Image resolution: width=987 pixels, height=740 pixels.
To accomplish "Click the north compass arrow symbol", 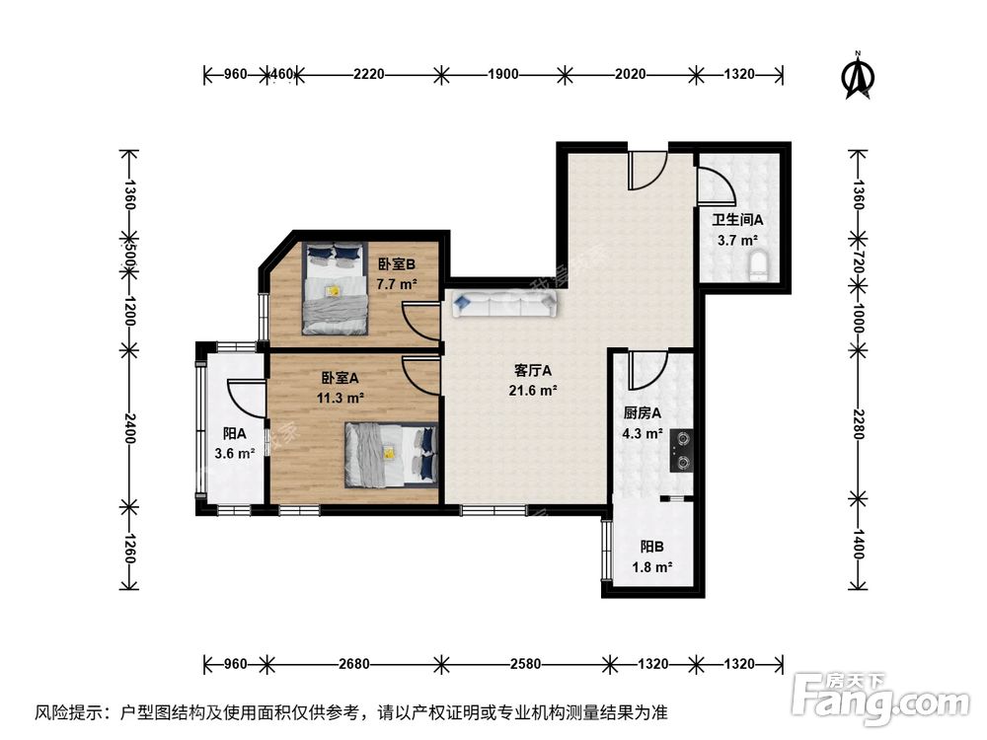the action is coord(858,76).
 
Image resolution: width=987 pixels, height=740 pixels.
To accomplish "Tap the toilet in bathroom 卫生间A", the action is coord(760,266).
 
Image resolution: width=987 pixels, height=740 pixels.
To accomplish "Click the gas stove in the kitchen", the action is coord(681,451).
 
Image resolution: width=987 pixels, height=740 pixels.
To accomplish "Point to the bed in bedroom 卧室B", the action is coord(335,288).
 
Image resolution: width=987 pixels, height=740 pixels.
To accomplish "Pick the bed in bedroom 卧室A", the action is coord(391,455).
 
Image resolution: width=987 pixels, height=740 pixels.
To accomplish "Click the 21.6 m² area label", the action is coord(533,391).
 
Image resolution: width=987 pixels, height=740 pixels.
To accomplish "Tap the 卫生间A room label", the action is coord(737,220).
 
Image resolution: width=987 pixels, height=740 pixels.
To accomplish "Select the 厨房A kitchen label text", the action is coord(643,413).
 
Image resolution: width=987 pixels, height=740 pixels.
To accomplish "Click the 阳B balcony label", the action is coord(652,548).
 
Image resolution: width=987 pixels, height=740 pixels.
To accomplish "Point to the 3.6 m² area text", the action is coord(234,453).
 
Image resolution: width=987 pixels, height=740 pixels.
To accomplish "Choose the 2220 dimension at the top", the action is coord(368,74).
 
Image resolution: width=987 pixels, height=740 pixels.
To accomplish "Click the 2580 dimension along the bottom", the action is coord(525,664).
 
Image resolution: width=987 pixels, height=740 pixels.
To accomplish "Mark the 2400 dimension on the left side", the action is coord(129,428).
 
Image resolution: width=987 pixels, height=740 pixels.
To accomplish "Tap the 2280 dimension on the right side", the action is coord(859,423).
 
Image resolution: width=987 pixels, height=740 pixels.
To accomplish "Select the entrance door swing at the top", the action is coord(647,170).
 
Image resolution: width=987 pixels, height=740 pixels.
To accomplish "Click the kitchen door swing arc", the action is coord(647,371).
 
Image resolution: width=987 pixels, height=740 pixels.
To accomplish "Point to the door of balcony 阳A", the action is coord(246,398).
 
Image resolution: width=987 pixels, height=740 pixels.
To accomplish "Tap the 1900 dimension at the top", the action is coord(503,74).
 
